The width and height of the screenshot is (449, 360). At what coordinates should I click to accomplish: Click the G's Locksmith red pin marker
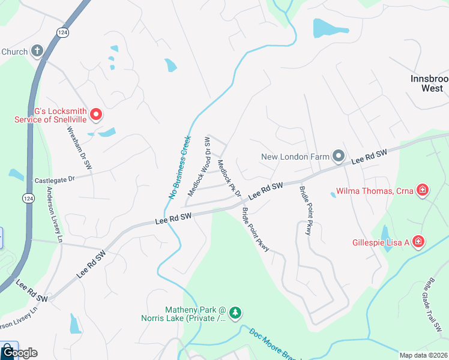click(95, 113)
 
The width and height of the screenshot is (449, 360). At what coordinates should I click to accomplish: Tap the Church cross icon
click(37, 51)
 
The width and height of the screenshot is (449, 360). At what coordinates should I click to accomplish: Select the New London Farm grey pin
click(338, 157)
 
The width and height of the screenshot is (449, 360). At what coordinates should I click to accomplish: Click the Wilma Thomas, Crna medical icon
click(423, 191)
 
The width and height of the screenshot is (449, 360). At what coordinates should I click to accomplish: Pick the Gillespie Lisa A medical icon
click(418, 242)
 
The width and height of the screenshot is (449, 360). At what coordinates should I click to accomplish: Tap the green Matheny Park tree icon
click(235, 312)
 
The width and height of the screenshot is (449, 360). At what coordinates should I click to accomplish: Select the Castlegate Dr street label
click(54, 179)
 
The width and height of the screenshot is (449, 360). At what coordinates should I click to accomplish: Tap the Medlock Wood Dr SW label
click(199, 166)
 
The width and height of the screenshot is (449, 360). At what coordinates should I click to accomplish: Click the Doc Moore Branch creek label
click(272, 345)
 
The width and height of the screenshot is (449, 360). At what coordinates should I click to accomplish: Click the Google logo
click(19, 352)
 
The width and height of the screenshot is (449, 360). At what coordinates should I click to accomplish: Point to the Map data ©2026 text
click(424, 355)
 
